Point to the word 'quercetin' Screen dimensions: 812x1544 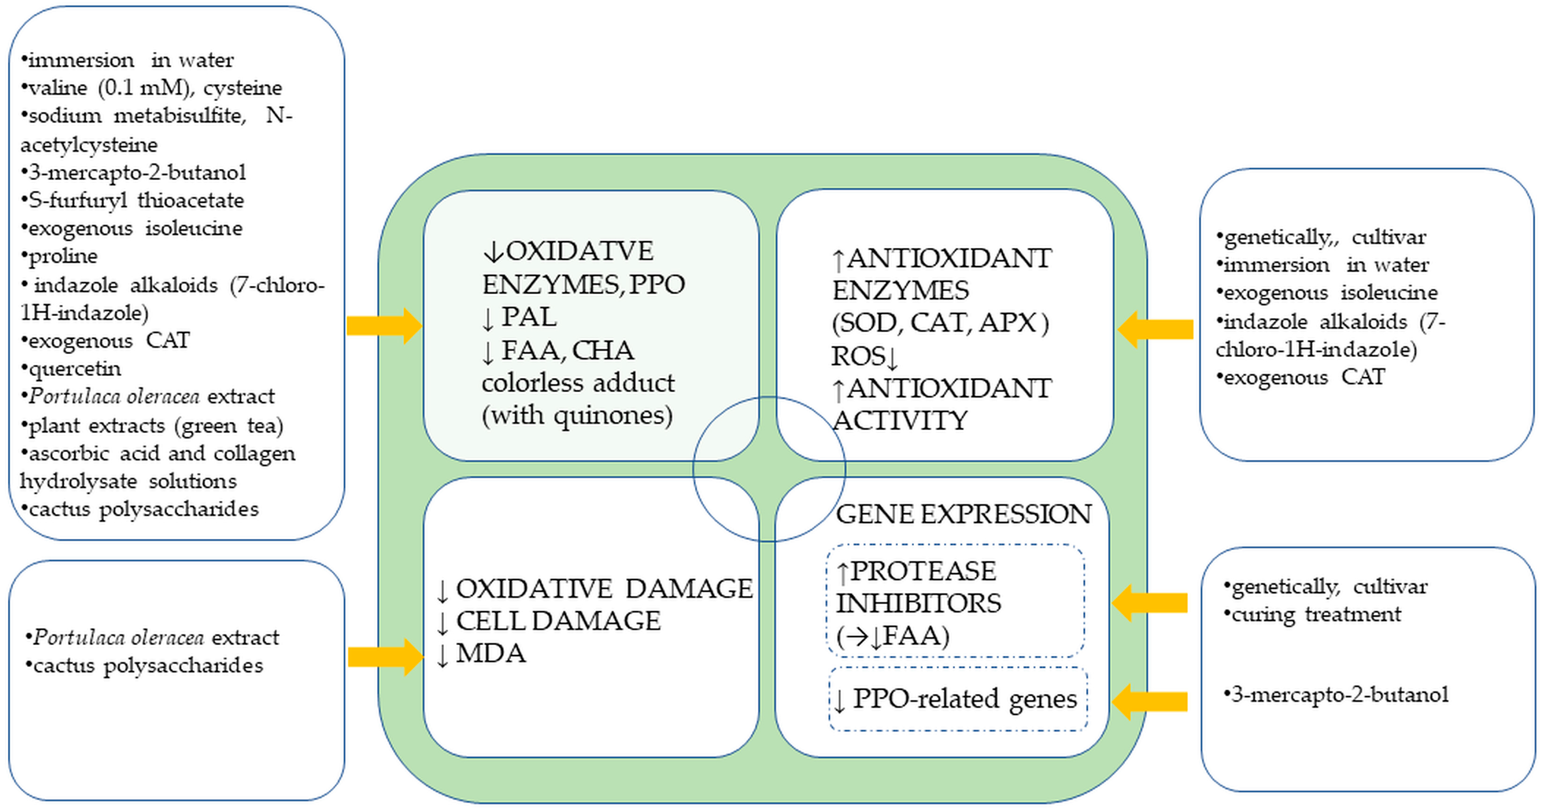click(x=74, y=368)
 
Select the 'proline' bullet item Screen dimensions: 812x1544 click(x=62, y=256)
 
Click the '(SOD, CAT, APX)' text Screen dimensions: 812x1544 click(x=939, y=323)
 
